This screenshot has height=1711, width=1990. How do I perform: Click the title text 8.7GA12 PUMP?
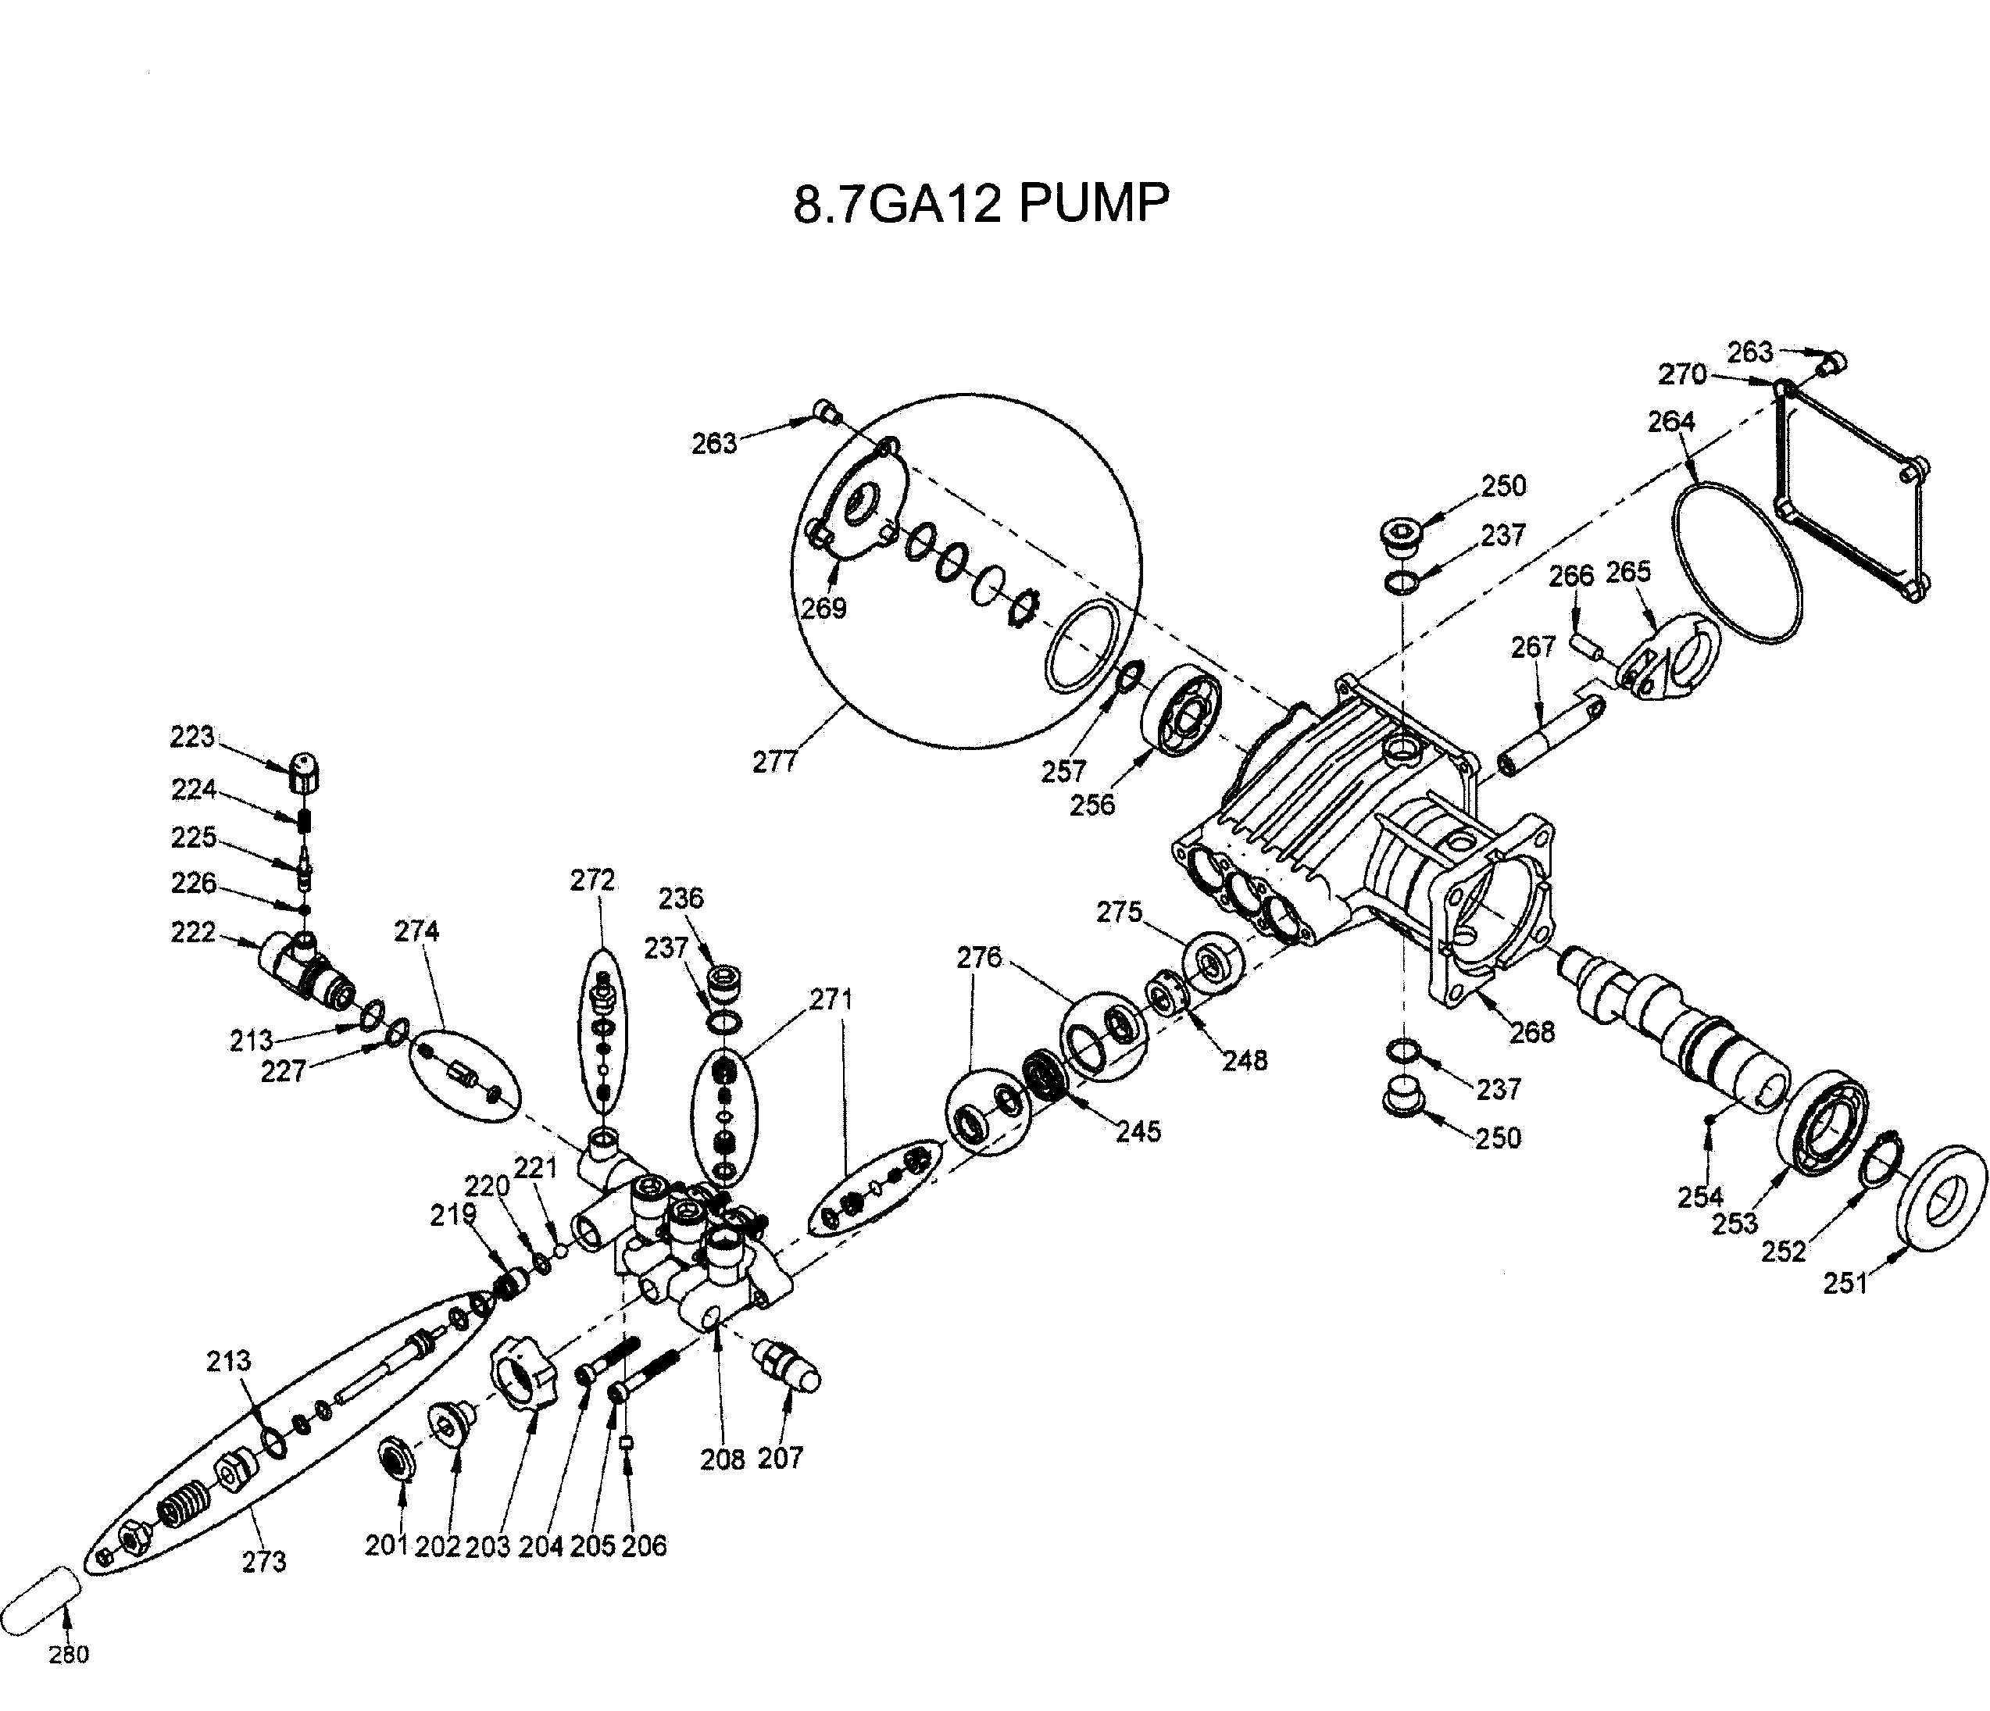[981, 204]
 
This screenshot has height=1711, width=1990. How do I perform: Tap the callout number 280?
[68, 1653]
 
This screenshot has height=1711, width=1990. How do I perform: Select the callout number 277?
[774, 762]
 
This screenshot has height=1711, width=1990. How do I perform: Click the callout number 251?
[1845, 1283]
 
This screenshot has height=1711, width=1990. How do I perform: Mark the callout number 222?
[193, 932]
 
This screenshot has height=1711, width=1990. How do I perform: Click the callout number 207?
[780, 1458]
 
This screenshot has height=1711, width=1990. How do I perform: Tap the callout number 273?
[263, 1563]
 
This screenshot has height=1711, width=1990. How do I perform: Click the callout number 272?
[591, 880]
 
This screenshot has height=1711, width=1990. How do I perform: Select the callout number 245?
[1138, 1131]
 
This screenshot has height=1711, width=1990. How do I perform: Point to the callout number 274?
[416, 931]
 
